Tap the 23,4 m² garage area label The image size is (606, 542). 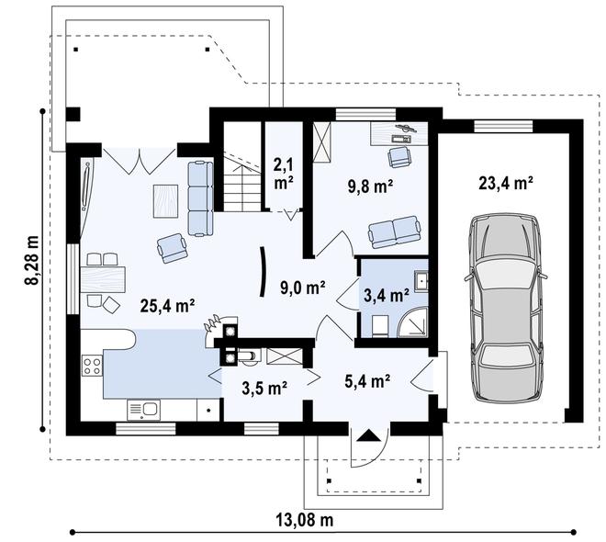tap(506, 183)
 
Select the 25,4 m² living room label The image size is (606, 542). tap(167, 306)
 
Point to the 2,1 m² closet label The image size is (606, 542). tap(284, 174)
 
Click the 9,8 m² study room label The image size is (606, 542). tap(371, 186)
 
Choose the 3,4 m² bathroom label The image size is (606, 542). tap(387, 296)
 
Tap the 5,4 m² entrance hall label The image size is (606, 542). tap(366, 381)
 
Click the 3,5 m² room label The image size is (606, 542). tap(264, 389)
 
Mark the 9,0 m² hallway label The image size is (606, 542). tap(302, 288)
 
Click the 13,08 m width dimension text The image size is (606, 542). tap(305, 520)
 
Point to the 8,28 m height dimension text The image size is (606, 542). tap(32, 260)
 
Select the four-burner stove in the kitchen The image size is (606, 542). tap(93, 367)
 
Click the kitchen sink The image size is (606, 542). tap(144, 410)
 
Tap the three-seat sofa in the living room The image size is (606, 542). tap(200, 198)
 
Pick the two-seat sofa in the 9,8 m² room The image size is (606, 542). tap(394, 231)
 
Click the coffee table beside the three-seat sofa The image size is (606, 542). tap(166, 201)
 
